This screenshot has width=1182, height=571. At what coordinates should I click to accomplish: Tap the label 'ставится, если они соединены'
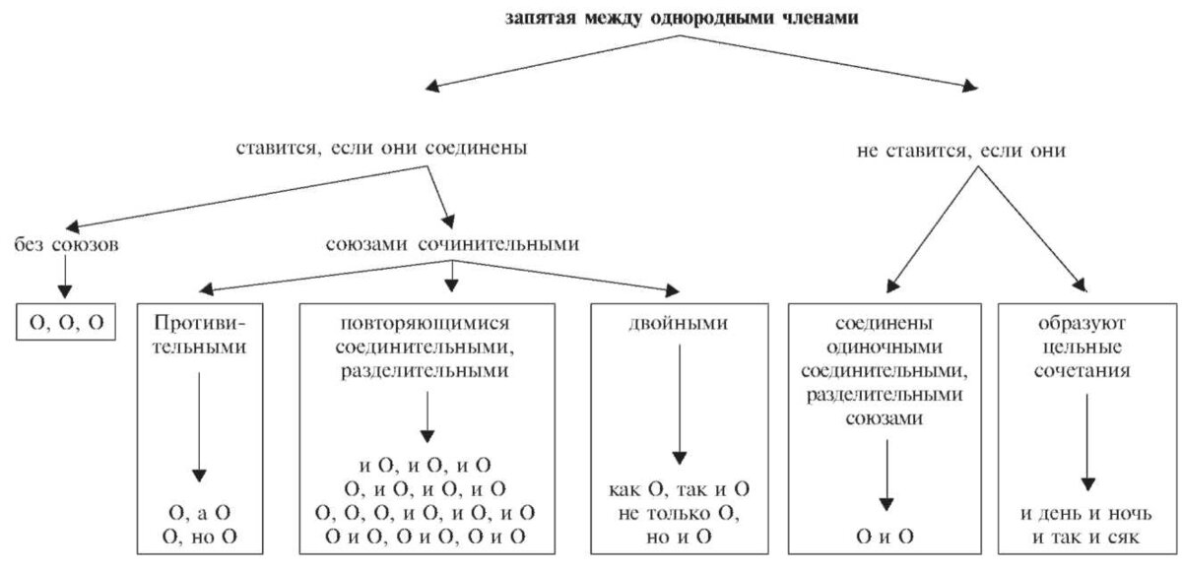pyautogui.click(x=381, y=150)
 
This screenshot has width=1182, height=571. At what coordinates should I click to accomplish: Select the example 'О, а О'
pyautogui.click(x=201, y=513)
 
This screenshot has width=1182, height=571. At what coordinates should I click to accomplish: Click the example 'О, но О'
pyautogui.click(x=201, y=537)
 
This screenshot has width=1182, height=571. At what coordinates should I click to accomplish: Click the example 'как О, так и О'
pyautogui.click(x=678, y=489)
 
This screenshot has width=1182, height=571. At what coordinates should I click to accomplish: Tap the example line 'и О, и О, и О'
pyautogui.click(x=427, y=466)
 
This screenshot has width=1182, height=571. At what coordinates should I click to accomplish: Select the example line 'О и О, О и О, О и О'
pyautogui.click(x=427, y=537)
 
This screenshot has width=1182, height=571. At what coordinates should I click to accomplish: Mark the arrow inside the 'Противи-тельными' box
pyautogui.click(x=200, y=423)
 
